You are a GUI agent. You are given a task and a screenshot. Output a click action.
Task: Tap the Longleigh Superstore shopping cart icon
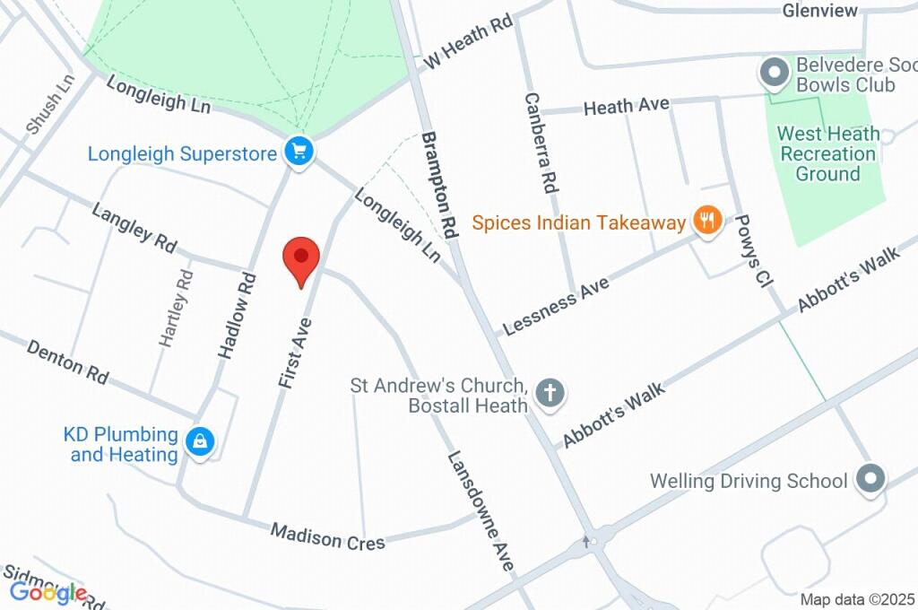pos(299,152)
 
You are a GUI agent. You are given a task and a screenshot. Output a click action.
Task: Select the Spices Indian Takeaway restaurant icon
pos(708,221)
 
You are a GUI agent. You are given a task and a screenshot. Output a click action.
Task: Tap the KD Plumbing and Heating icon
pos(199,441)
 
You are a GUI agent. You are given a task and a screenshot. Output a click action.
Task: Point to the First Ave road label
pos(294,353)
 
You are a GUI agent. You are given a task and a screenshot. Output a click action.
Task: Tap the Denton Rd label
pos(67,362)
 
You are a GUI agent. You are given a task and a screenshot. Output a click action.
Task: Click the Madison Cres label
pos(328,537)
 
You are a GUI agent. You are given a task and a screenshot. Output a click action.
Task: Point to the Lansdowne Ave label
pos(481,510)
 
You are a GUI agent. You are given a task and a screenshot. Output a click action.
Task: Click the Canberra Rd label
pos(541,144)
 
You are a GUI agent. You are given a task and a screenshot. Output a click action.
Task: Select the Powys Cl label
pos(751,250)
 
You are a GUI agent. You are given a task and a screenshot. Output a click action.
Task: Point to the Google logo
pos(48,592)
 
